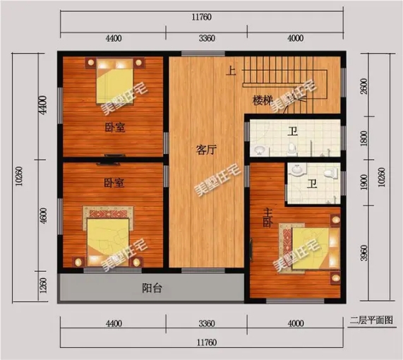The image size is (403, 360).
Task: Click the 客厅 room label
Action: coord(206,150)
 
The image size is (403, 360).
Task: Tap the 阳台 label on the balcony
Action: coord(152,288)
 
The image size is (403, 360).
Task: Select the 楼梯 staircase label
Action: coord(263,100)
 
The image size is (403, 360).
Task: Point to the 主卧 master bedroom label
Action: coord(267,218)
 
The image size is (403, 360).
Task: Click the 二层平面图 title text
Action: coord(371,320)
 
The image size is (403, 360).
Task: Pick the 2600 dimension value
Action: coord(364,86)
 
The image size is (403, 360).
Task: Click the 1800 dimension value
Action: coord(364,138)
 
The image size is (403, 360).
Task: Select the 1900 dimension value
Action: coord(364,182)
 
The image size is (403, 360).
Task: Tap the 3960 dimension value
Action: coord(364,253)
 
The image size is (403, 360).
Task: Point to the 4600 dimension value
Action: coord(44,216)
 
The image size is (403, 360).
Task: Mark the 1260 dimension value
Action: coord(44,285)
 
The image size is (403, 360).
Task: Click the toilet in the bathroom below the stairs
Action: coord(291,148)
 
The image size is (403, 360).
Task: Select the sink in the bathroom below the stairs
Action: coord(259,150)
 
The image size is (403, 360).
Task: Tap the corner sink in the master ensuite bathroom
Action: coord(297,170)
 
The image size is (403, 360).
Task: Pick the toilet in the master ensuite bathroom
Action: coord(331,173)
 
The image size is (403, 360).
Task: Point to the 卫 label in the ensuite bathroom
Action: coord(312,184)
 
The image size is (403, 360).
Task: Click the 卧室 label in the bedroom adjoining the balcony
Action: coord(114,183)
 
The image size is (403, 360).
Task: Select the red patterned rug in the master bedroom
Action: coord(287,248)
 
